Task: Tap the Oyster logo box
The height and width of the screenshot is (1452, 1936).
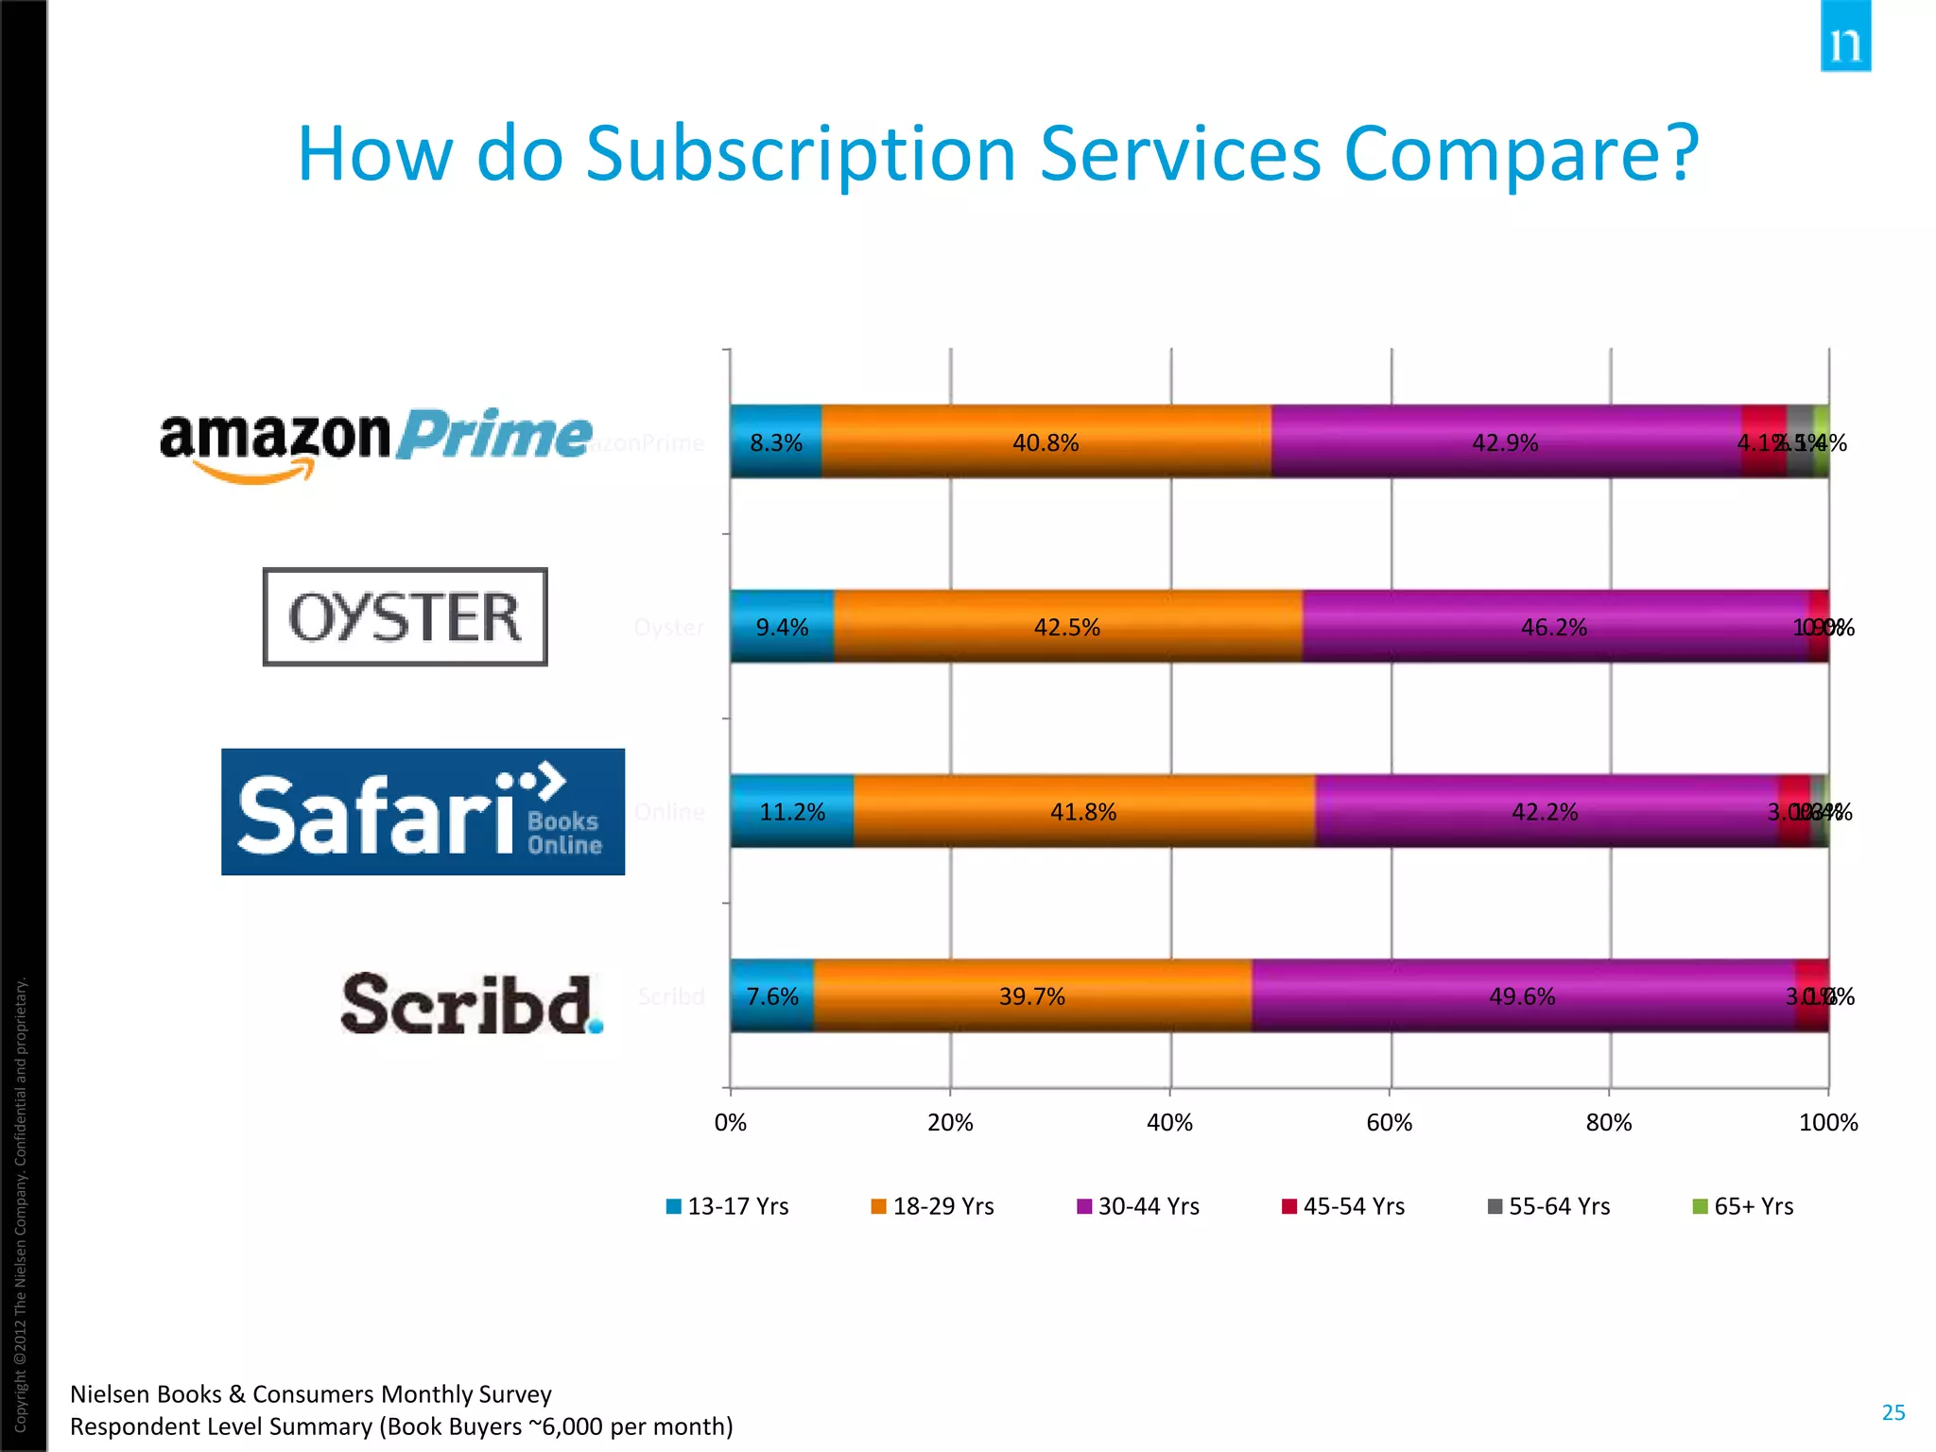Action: pyautogui.click(x=405, y=617)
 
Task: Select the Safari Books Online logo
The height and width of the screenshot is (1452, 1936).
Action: pyautogui.click(x=423, y=812)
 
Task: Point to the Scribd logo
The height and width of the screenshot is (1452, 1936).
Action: pyautogui.click(x=471, y=1003)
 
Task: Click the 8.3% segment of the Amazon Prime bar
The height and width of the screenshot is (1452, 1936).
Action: pyautogui.click(x=775, y=442)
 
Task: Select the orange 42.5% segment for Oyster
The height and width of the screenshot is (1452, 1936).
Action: pyautogui.click(x=1066, y=628)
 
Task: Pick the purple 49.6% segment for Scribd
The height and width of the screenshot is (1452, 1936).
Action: pyautogui.click(x=1522, y=996)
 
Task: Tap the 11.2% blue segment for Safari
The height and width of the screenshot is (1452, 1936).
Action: pyautogui.click(x=792, y=812)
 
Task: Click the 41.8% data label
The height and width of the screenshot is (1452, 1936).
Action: pyautogui.click(x=1083, y=812)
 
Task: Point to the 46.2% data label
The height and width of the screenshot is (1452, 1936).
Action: pyautogui.click(x=1553, y=628)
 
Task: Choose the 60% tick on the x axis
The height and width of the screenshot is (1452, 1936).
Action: pyautogui.click(x=1390, y=1123)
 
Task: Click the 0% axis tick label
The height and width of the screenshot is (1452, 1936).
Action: pyautogui.click(x=730, y=1123)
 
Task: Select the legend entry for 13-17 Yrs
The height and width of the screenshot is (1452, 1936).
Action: pyautogui.click(x=728, y=1206)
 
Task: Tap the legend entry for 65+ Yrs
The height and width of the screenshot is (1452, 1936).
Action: pyautogui.click(x=1743, y=1206)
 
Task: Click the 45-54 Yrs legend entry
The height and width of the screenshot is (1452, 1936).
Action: pyautogui.click(x=1343, y=1206)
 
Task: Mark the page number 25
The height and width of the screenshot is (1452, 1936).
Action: pyautogui.click(x=1893, y=1412)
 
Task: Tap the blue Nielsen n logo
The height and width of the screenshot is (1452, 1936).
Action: pyautogui.click(x=1845, y=38)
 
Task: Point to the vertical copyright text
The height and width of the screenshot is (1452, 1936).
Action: pyautogui.click(x=21, y=1201)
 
